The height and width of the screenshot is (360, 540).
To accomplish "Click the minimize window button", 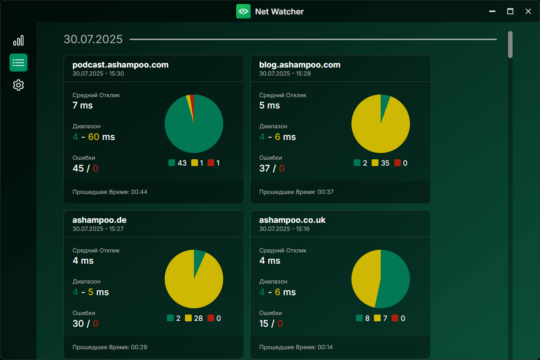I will pos(492,11).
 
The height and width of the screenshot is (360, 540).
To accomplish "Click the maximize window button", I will pos(510,11).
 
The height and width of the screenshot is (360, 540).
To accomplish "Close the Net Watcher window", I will pos(528,11).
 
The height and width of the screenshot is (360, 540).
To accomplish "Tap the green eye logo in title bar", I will pos(243,11).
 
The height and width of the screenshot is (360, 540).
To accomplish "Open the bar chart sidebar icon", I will pos(18,41).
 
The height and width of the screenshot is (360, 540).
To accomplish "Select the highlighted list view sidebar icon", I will pos(18,63).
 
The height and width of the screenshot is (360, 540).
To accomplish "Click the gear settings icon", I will pos(18,85).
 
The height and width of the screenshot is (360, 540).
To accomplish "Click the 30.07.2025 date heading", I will pos(93,39).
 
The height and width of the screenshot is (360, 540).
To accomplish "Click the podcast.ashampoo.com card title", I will pos(121,65).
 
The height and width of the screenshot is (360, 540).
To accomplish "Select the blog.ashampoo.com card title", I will pos(300,65).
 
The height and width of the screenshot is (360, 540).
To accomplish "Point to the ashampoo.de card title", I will pos(99,220).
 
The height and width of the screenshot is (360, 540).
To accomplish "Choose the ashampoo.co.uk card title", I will pos(292,220).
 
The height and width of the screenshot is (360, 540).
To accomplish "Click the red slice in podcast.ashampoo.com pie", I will pos(192,101).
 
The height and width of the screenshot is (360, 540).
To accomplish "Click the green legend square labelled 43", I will pos(171,163).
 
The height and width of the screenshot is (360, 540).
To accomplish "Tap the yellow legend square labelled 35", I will pos(375,163).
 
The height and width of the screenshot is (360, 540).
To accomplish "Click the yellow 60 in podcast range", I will pos(94,137).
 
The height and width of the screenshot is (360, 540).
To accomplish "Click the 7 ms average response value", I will pos(83,105).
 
